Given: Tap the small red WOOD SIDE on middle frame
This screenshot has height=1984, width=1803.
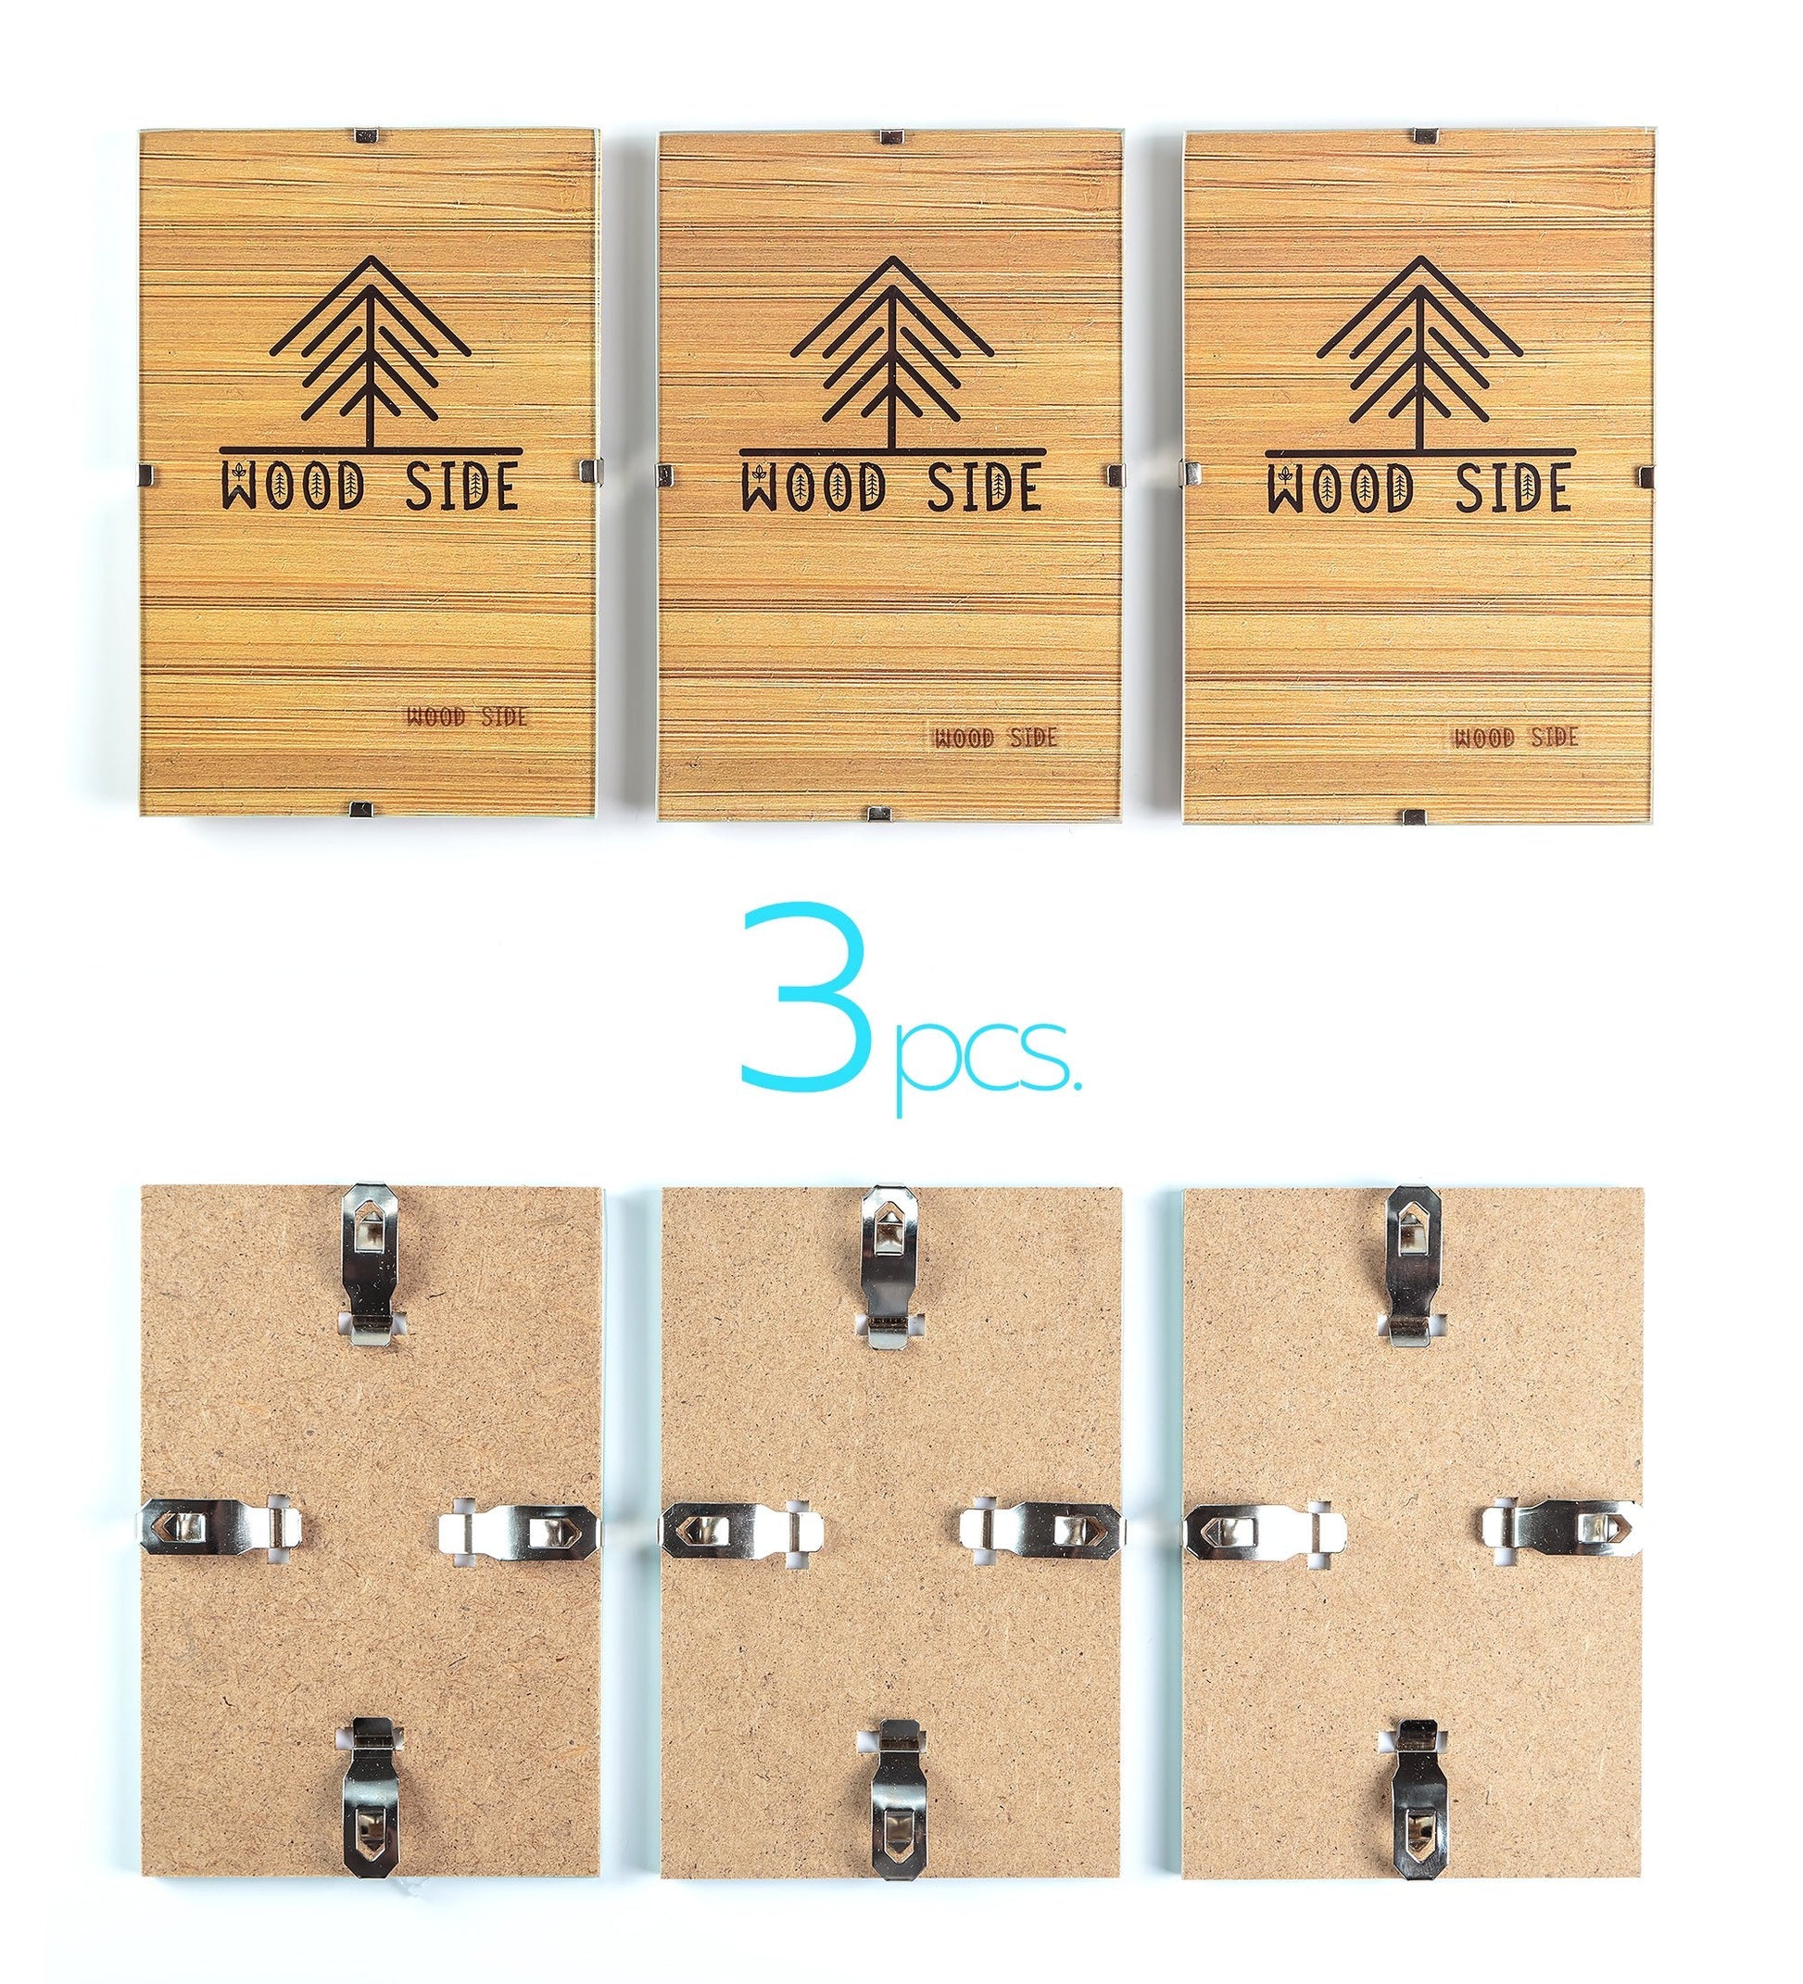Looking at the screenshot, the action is tap(994, 737).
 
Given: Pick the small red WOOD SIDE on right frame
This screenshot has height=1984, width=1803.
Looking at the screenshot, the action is tap(1517, 737).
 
